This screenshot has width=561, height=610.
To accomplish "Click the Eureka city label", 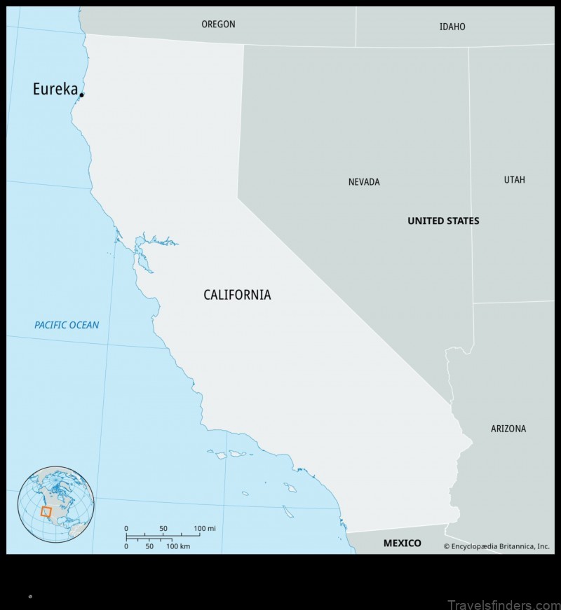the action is tap(55, 89).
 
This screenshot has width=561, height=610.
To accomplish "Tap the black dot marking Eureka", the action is tap(82, 95).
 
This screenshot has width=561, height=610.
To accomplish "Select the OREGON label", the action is tap(218, 24).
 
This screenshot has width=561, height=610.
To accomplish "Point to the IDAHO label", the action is tap(452, 27).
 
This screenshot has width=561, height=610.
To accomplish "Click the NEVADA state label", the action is tap(364, 182).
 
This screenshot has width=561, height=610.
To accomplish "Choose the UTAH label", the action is tap(514, 180).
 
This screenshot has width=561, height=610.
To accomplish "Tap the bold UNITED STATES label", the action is tap(443, 221).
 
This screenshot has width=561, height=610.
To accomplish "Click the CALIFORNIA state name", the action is tap(237, 295).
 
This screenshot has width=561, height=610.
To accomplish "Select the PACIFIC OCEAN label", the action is tap(67, 325).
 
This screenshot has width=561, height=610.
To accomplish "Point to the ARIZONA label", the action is tap(508, 429).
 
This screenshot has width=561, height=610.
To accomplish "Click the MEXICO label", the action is tap(402, 543).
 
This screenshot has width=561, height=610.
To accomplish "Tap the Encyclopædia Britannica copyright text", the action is tap(496, 546).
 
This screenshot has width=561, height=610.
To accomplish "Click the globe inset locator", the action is tap(56, 504).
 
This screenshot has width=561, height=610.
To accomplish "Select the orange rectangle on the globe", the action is tap(47, 511).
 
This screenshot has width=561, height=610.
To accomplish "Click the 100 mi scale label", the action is tap(204, 528).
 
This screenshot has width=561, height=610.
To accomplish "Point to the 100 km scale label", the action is tap(178, 546).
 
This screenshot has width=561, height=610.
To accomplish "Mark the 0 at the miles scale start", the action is tap(126, 528).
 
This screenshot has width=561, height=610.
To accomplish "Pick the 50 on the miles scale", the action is tap(163, 528).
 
